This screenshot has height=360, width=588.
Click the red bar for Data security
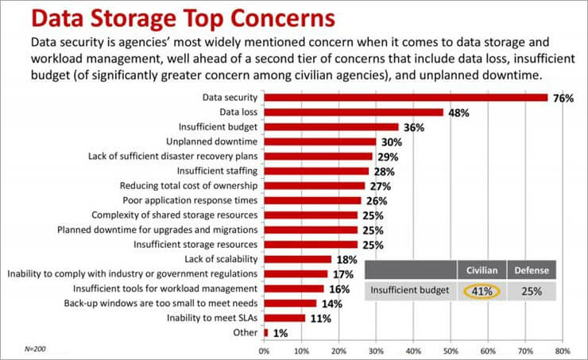click(406, 98)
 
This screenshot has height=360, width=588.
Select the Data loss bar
click(354, 112)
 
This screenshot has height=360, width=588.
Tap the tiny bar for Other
click(266, 333)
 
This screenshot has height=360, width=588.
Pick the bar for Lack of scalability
click(298, 259)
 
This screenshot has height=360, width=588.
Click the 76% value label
click(563, 99)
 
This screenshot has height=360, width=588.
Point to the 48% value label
click(458, 113)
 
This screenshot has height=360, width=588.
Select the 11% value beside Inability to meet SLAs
click(321, 319)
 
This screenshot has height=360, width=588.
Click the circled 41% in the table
click(482, 292)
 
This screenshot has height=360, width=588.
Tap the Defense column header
click(532, 270)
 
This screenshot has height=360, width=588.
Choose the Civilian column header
click(482, 270)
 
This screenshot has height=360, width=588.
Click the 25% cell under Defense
click(532, 292)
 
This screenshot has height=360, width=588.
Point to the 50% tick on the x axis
click(451, 351)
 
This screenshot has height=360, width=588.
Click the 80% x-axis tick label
click(563, 351)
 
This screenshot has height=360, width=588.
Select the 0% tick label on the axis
click(264, 351)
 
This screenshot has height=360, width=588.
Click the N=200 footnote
click(35, 349)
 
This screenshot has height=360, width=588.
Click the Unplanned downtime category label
click(212, 141)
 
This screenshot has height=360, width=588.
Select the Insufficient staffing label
click(217, 171)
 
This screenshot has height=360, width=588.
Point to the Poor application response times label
click(190, 200)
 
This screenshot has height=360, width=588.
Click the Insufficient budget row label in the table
click(409, 290)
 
